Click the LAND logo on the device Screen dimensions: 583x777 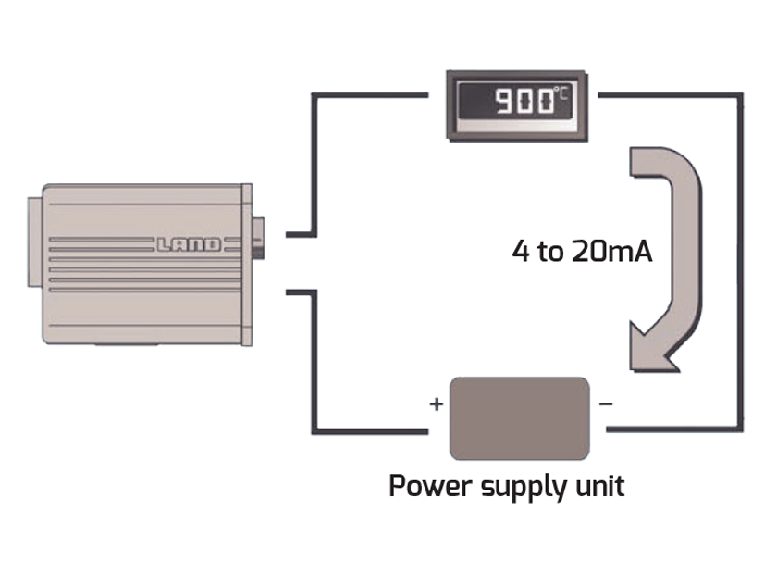pyautogui.click(x=188, y=245)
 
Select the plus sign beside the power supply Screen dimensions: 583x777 pyautogui.click(x=436, y=404)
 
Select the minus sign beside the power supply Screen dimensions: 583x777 pyautogui.click(x=605, y=404)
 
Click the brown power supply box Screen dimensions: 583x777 pyautogui.click(x=519, y=417)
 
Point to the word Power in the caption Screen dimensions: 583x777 pyautogui.click(x=428, y=486)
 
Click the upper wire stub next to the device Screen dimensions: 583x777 pyautogui.click(x=298, y=234)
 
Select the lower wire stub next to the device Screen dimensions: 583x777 pyautogui.click(x=298, y=293)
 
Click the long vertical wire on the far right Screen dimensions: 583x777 pyautogui.click(x=740, y=268)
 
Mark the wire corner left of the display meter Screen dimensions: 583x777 pyautogui.click(x=315, y=94)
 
